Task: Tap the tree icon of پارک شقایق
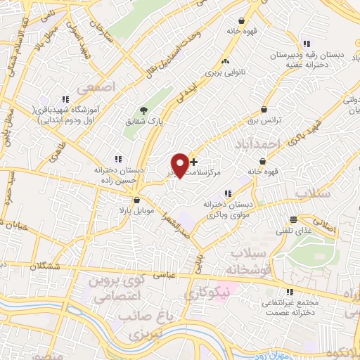click(144, 110)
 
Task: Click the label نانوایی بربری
click(223, 72)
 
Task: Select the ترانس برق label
click(268, 120)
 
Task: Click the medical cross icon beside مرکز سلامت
click(194, 162)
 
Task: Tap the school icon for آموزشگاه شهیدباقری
click(65, 99)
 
